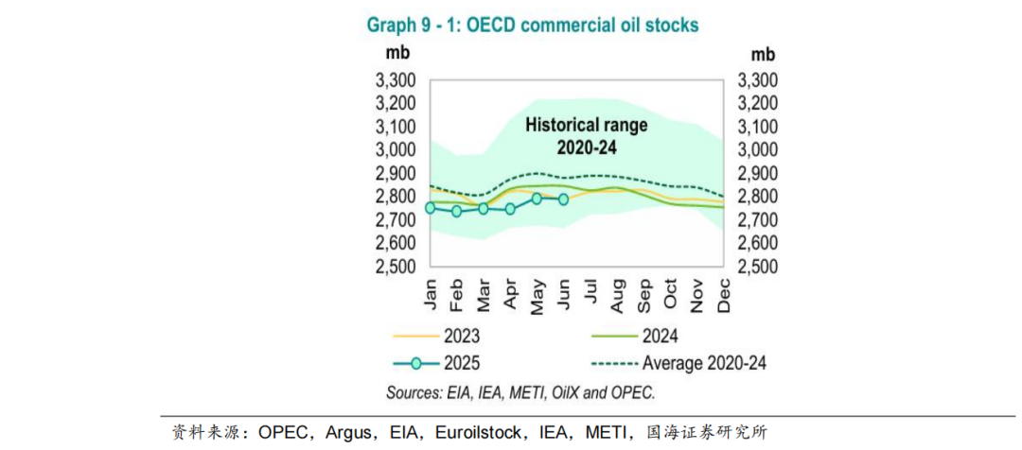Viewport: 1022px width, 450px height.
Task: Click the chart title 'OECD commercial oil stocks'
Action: click(x=533, y=26)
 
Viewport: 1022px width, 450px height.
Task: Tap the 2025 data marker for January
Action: click(x=431, y=208)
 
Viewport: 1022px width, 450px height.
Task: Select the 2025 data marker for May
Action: click(x=537, y=199)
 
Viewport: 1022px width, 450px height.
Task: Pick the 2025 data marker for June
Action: click(x=563, y=199)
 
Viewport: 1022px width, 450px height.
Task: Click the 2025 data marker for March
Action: click(x=484, y=208)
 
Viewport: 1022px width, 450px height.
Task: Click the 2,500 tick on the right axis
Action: click(x=756, y=267)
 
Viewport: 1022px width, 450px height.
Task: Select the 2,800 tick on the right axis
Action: click(x=756, y=197)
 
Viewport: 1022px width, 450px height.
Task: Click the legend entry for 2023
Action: click(x=459, y=336)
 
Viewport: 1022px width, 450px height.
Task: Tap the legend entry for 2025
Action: click(x=459, y=363)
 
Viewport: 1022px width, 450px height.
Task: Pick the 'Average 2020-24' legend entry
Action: click(x=704, y=363)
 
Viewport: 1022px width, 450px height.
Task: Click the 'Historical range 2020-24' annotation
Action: click(x=573, y=136)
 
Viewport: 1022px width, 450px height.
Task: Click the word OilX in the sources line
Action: click(x=569, y=392)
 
